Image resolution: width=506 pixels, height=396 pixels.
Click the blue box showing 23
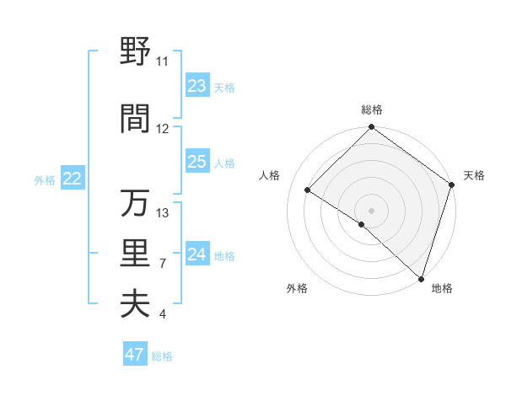coord(197,86)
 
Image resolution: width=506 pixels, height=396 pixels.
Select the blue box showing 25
coord(197,163)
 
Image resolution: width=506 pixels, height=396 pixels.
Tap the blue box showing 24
coord(197,254)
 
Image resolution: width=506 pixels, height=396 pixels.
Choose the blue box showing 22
coord(73,179)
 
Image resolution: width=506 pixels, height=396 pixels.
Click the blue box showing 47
coord(135,355)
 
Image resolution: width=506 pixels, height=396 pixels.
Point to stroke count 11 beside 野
coord(163,62)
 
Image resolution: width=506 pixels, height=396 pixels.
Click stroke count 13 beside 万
coord(163,212)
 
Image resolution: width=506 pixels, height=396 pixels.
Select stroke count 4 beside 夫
coord(163,314)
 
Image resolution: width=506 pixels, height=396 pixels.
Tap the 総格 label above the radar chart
coord(371,110)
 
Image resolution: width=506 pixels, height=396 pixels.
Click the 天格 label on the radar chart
coord(474,175)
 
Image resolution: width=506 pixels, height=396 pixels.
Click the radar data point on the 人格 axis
coord(308,190)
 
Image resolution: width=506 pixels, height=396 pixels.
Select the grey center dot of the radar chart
coord(371,210)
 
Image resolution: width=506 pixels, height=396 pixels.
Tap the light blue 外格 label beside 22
coord(45,179)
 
